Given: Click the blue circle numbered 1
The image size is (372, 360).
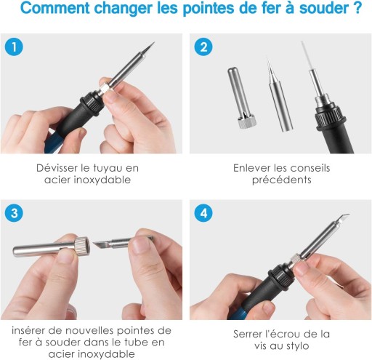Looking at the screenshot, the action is (x=14, y=47).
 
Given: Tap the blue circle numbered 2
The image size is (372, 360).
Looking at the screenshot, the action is (x=203, y=47).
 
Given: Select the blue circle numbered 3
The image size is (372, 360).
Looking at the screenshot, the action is (x=14, y=213).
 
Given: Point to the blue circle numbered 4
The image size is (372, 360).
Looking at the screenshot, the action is (x=203, y=213).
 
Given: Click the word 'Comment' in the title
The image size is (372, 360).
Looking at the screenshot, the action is (x=55, y=8).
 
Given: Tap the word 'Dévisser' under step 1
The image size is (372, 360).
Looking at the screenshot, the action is (x=57, y=168).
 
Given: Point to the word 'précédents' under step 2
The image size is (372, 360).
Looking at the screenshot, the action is (x=282, y=180).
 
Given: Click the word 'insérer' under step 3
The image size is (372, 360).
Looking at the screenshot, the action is (x=28, y=330).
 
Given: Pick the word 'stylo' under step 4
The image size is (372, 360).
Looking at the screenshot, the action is (x=297, y=346).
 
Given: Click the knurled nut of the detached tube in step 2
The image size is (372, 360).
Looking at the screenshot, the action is (x=247, y=121).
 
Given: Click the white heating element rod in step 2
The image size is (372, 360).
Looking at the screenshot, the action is (x=306, y=56).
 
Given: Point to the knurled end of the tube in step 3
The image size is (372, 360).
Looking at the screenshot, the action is (x=81, y=246).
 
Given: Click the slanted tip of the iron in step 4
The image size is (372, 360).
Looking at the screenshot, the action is (x=342, y=217).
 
